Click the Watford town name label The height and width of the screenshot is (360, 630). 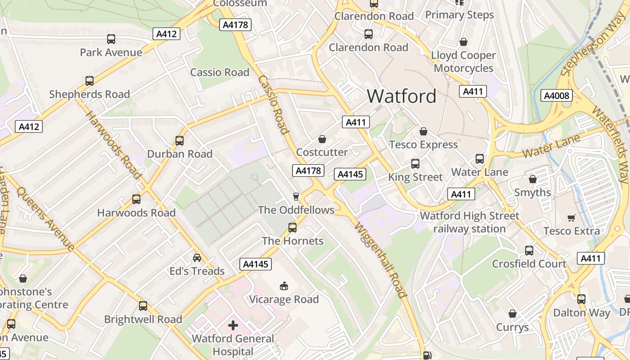[401, 96]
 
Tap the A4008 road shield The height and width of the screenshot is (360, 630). [557, 95]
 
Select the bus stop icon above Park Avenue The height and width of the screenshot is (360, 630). [111, 39]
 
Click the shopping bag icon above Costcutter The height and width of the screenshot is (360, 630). [322, 139]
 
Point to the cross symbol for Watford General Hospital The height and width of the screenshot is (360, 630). [233, 325]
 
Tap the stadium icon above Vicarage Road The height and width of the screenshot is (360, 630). [284, 286]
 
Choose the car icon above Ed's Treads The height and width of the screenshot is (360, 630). [197, 257]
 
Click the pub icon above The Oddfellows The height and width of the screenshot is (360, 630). [296, 196]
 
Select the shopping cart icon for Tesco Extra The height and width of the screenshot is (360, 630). [571, 218]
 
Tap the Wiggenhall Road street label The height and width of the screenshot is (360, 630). [380, 260]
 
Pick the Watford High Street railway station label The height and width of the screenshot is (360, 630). [469, 222]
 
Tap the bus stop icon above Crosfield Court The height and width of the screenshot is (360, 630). [529, 250]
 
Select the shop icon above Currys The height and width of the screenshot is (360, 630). [513, 314]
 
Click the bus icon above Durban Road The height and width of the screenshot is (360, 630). [180, 141]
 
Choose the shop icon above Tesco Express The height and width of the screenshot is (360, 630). [423, 131]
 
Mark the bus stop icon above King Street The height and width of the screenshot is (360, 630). [415, 164]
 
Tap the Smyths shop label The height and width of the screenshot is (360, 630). [532, 193]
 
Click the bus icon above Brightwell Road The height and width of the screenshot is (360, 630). [143, 306]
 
